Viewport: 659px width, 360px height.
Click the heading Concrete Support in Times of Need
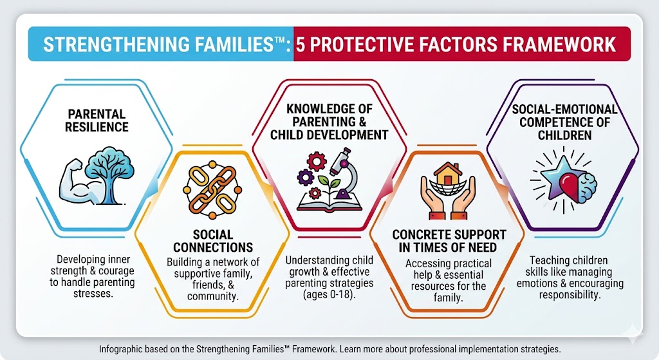[449, 242]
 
